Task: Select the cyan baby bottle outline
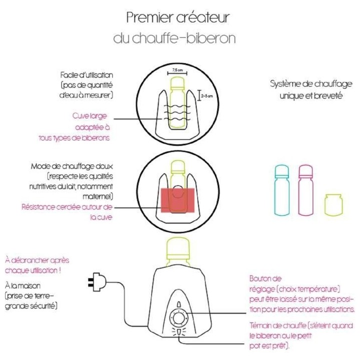coord(282,190)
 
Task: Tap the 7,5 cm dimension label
coord(177,69)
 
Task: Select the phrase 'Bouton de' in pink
coord(265,278)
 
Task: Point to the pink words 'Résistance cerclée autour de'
coord(67,207)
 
